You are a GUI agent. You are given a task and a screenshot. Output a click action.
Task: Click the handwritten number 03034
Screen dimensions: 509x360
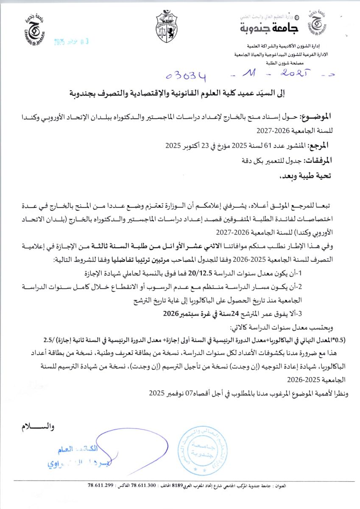187,76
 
